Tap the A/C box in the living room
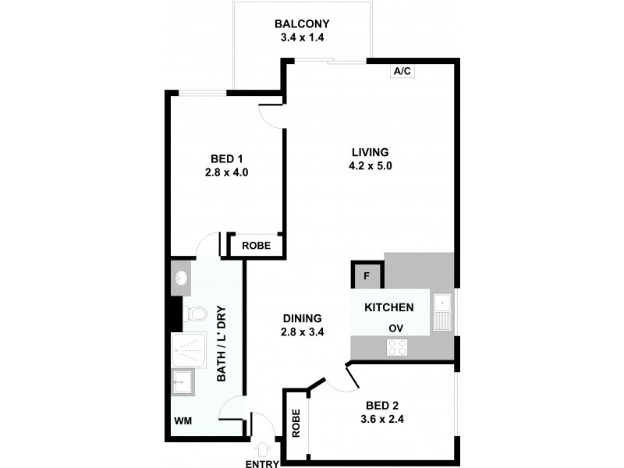point(402,71)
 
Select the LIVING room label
point(369,152)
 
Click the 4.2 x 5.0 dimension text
point(369,165)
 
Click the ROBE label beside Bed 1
point(256,245)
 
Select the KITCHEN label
point(389,307)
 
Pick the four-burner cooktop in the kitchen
point(396,348)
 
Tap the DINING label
point(303,317)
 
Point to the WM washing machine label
point(184,421)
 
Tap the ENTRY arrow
point(262,449)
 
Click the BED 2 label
point(382,405)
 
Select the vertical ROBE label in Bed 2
point(296,422)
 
